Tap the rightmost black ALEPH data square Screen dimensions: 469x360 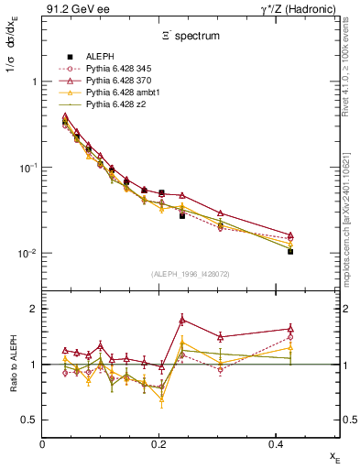tap(290, 251)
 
